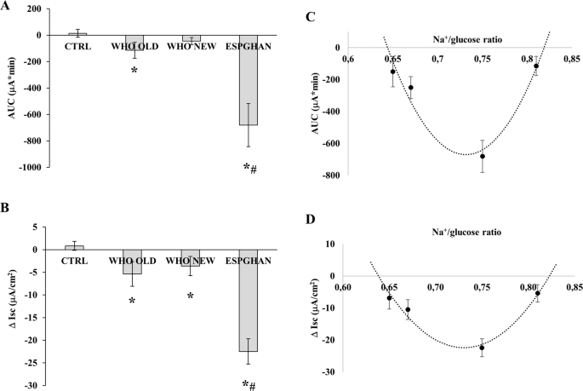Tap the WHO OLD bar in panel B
click(133, 262)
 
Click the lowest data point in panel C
click(483, 156)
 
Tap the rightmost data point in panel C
click(536, 66)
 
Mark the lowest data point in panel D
click(482, 348)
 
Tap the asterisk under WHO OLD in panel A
click(134, 70)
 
